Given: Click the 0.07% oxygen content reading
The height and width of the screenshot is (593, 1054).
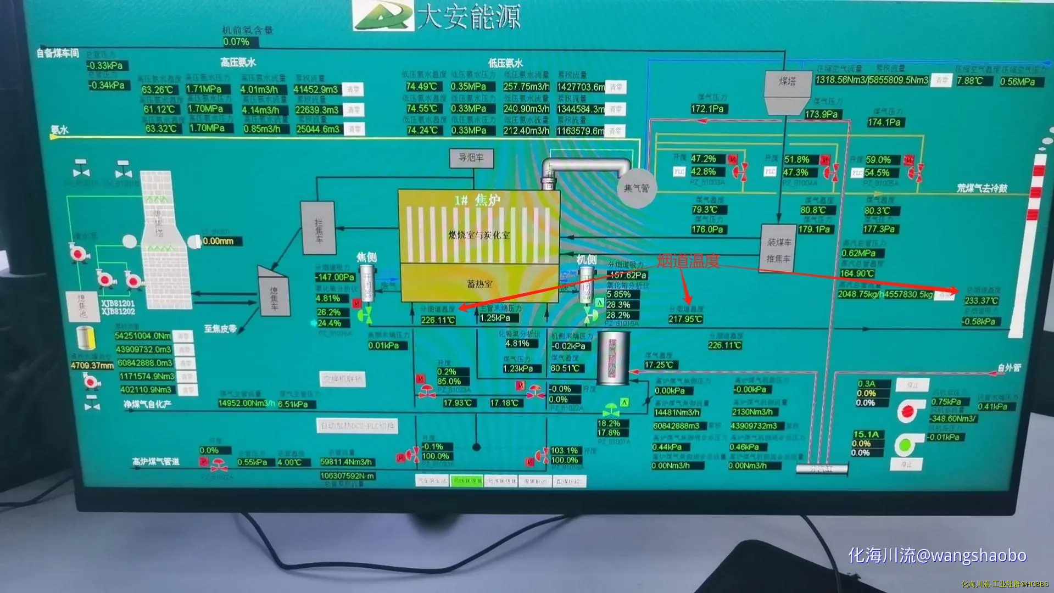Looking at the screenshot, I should (x=236, y=42).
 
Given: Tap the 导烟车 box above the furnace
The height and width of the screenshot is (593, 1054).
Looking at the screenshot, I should (x=471, y=158).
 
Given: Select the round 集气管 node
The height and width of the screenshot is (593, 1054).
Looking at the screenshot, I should (x=636, y=188).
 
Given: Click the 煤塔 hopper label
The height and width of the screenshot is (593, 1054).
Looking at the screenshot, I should (x=787, y=81).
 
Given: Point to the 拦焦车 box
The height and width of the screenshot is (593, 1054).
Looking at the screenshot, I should (x=318, y=228).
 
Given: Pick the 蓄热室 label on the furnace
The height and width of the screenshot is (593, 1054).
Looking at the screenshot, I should (x=479, y=284).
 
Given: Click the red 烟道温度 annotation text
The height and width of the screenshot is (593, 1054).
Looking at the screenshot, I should (x=688, y=261).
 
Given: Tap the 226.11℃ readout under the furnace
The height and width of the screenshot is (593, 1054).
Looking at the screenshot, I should (x=438, y=320).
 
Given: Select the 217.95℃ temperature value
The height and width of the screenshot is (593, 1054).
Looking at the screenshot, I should (x=685, y=319).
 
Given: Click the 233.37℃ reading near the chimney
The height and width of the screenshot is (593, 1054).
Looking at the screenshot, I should (x=981, y=301).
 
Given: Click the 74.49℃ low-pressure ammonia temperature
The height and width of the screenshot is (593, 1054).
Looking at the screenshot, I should (x=421, y=87).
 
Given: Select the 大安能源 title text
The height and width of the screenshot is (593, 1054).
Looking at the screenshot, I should (x=468, y=16).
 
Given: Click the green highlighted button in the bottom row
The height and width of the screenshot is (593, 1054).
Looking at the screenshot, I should (x=466, y=481).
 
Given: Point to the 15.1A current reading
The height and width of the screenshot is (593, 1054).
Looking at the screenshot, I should (x=866, y=434).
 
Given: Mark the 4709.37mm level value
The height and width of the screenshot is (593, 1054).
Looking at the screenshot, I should (x=92, y=365).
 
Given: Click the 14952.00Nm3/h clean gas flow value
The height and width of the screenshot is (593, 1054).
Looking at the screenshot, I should (x=246, y=404).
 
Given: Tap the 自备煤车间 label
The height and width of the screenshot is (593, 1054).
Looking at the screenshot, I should (x=58, y=53).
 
